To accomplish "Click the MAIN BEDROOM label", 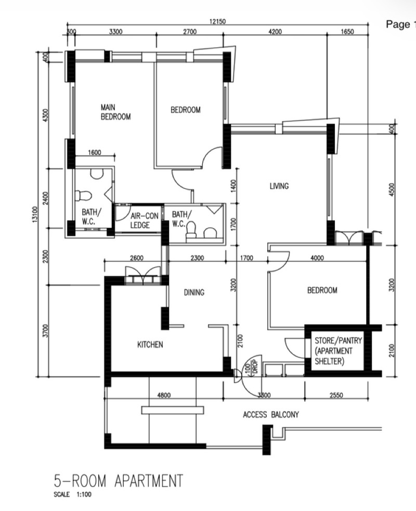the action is (115, 112).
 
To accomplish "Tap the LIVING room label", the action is (279, 186).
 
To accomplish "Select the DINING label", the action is (194, 292).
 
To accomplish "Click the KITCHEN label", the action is (150, 344).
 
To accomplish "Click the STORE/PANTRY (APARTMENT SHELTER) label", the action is (338, 351).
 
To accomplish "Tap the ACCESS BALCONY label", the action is (271, 415).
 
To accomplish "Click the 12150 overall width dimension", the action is (217, 21).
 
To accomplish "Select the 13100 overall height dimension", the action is (35, 214).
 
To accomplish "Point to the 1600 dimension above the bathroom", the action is (95, 152).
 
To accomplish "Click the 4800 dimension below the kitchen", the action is (164, 395).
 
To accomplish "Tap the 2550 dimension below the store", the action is (336, 395).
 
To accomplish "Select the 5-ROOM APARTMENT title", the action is (118, 481).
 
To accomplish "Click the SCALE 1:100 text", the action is (72, 494).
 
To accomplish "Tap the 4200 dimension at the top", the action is (275, 32).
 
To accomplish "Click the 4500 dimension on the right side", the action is (392, 189).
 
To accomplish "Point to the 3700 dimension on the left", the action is (46, 330).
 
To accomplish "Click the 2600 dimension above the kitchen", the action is (136, 258).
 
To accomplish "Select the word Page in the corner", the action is (398, 24).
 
